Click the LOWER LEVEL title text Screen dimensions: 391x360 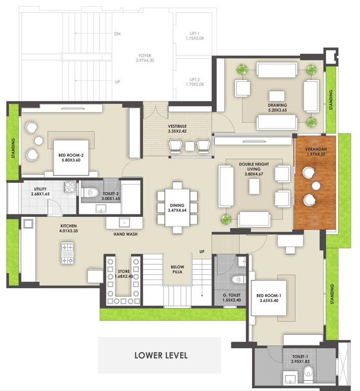click(x=161, y=355)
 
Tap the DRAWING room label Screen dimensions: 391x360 click(x=277, y=106)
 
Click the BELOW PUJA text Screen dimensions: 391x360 click(x=177, y=270)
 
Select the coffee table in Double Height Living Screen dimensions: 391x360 click(x=253, y=187)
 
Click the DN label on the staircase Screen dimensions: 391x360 click(x=117, y=35)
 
